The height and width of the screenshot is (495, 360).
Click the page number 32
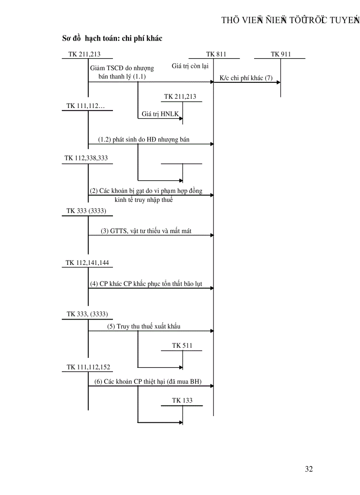[x=309, y=469]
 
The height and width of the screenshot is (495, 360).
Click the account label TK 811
[x=216, y=54]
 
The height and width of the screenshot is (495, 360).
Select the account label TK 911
[x=281, y=54]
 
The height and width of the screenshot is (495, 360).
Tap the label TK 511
[x=182, y=346]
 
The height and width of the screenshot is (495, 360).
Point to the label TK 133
[x=182, y=401]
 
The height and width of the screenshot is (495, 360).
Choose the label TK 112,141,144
[x=87, y=263]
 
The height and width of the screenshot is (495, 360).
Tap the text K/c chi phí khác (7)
[x=246, y=78]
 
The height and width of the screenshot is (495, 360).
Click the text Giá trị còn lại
[x=190, y=67]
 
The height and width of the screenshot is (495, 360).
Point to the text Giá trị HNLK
[x=159, y=114]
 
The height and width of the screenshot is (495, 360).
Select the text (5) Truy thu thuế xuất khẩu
[x=143, y=327]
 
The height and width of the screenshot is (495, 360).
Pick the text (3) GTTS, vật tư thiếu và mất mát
[x=146, y=231]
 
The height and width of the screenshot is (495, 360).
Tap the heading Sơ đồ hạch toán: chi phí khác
[x=112, y=38]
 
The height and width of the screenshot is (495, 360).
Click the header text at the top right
[x=290, y=20]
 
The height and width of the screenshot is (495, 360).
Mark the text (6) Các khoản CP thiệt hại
[x=147, y=382]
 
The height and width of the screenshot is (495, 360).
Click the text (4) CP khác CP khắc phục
[x=146, y=283]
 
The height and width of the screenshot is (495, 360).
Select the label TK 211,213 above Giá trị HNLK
[x=180, y=97]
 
